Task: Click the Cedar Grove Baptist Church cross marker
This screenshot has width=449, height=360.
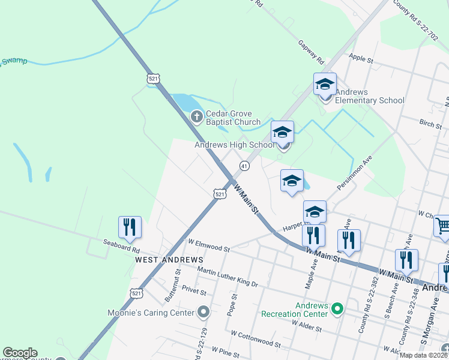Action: pos(196,116)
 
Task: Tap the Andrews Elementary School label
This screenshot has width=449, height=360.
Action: pos(370,96)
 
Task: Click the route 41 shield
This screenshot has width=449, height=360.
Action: pos(244,165)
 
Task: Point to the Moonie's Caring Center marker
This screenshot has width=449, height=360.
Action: pos(203,311)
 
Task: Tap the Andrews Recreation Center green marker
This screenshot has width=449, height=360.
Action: pos(337,309)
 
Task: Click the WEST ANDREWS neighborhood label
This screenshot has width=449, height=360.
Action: pos(169,260)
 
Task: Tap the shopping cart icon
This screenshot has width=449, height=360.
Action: pos(443,226)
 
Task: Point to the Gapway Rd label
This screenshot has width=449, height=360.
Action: pos(311,53)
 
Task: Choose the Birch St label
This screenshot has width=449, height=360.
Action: pos(430,124)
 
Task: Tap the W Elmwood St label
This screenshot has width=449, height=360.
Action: pos(208,245)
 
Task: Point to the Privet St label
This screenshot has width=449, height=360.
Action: pos(194,291)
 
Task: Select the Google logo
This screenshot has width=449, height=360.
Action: pos(20,353)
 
